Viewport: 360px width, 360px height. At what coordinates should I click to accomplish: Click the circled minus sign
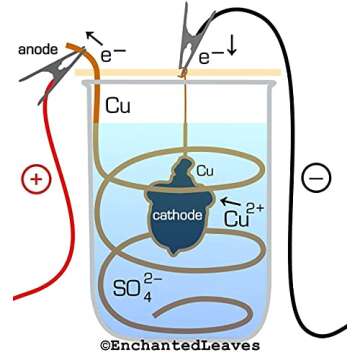click(x=314, y=179)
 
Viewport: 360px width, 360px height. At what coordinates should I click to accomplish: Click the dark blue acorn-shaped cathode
click(x=180, y=205)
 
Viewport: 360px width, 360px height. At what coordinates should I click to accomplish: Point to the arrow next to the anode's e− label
click(x=90, y=36)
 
